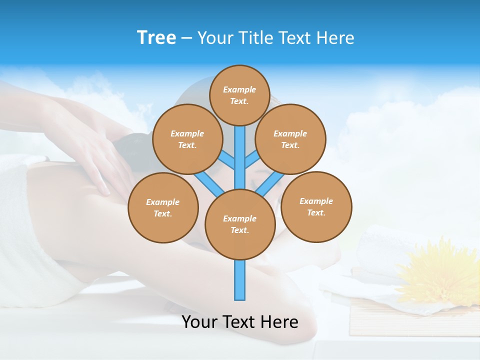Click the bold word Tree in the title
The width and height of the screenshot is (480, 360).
click(x=156, y=37)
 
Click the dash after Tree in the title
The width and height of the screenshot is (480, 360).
click(x=186, y=38)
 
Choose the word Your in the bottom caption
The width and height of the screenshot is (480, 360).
click(x=200, y=321)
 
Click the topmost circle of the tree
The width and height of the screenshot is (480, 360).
click(x=239, y=95)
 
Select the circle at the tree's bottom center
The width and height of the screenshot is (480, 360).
click(x=240, y=224)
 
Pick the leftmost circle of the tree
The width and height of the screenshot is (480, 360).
click(x=163, y=207)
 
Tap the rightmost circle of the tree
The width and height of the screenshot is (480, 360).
click(x=316, y=206)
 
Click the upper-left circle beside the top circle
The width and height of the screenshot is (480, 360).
click(x=187, y=139)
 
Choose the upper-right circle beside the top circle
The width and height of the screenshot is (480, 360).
click(x=290, y=139)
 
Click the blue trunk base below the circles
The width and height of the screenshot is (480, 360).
click(x=240, y=280)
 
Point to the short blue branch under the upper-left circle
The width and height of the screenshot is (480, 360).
click(x=226, y=159)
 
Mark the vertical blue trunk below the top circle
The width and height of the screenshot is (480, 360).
click(x=240, y=150)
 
